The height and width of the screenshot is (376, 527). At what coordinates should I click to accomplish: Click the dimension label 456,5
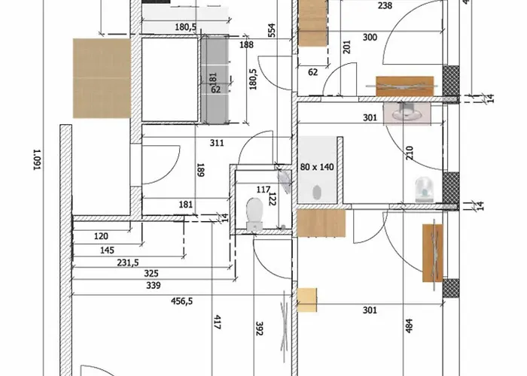[182, 301]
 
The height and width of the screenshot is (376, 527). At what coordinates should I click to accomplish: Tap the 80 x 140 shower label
[317, 167]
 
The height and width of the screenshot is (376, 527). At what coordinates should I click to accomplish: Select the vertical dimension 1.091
[38, 159]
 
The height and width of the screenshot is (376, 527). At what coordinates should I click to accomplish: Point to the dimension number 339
[154, 285]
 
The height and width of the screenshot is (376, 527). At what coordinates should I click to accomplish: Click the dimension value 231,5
[128, 262]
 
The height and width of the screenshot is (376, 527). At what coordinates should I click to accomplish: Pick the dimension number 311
[217, 143]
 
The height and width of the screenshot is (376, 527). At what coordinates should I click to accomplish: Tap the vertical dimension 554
[272, 30]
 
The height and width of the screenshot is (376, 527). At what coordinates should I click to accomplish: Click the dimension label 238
[385, 5]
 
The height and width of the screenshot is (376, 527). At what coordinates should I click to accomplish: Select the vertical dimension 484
[409, 326]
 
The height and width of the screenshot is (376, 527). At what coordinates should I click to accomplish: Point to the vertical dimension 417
[218, 322]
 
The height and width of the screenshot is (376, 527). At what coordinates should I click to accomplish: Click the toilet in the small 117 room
[254, 214]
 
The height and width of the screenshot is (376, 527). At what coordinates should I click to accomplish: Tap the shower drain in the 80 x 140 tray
[317, 192]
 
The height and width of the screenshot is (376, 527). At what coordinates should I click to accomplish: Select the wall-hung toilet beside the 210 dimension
[424, 190]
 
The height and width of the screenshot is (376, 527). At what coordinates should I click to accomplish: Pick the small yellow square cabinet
[307, 300]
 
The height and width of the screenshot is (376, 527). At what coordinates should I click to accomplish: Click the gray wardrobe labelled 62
[215, 79]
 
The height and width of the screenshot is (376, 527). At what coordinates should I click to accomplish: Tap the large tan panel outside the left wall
[102, 78]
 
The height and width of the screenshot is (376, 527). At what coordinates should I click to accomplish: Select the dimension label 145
[107, 250]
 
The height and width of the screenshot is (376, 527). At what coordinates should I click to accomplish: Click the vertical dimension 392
[259, 329]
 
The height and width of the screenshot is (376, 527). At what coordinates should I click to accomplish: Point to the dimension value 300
[370, 38]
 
